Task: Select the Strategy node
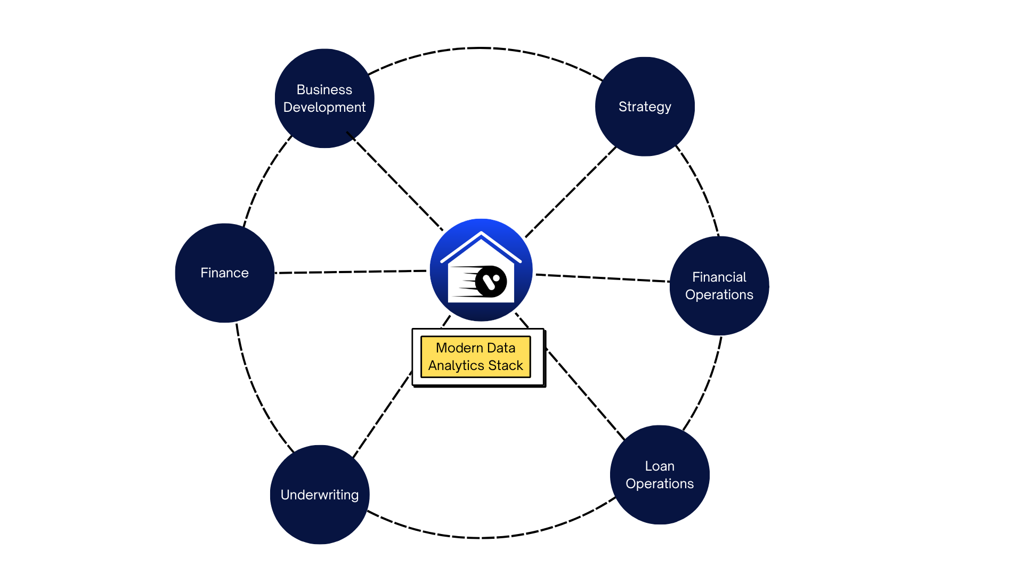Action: pos(645,106)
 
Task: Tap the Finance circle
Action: pos(224,273)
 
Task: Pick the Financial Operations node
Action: pos(719,285)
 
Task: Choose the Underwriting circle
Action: pos(320,495)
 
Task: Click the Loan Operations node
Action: pos(660,474)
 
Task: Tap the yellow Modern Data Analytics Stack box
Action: pos(476,357)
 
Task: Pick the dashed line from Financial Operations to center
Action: pos(602,277)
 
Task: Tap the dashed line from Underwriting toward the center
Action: pos(381,415)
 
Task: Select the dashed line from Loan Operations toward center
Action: pos(586,395)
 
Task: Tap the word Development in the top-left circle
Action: pos(324,107)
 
